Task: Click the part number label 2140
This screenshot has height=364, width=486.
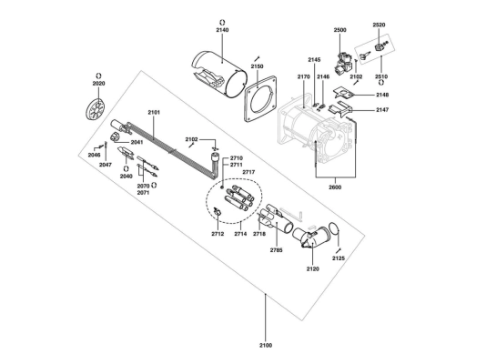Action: pos(222,30)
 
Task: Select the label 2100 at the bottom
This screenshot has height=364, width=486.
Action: pos(266,346)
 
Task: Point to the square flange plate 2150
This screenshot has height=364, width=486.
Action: pos(260,98)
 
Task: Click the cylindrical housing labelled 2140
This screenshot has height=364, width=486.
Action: pos(219,75)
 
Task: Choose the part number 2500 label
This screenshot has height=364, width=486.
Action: pos(340,30)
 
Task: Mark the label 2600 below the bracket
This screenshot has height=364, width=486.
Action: pos(335,187)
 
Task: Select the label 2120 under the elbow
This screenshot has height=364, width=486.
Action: pos(313,268)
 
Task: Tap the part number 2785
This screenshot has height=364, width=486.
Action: pos(276,250)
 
